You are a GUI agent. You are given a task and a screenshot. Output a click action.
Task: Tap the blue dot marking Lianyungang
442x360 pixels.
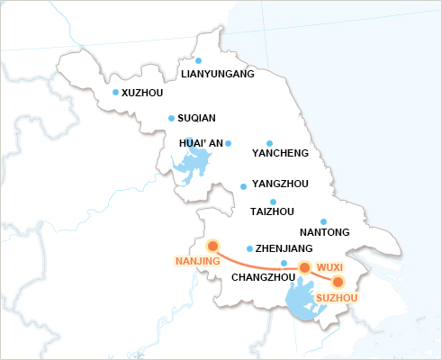tap(198, 60)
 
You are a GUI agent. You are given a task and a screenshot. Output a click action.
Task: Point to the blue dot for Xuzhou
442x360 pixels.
tap(115, 92)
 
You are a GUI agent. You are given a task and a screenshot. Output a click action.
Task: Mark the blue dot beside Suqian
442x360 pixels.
tap(171, 117)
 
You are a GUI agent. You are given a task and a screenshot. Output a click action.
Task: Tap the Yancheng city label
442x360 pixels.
tap(280, 153)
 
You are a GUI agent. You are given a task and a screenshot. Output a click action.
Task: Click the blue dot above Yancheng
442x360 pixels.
tap(269, 142)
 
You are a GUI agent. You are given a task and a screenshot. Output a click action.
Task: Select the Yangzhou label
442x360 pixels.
tap(281, 184)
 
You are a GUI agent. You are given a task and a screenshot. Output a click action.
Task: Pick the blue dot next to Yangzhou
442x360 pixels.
tap(243, 187)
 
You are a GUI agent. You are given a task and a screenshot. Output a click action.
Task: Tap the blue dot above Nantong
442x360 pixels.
tap(323, 221)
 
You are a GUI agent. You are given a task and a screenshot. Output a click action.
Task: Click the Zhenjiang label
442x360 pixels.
tap(284, 247)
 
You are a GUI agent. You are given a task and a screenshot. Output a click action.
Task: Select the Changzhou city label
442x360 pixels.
tap(264, 277)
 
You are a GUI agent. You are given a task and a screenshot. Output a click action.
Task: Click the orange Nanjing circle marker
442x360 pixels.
tap(213, 246)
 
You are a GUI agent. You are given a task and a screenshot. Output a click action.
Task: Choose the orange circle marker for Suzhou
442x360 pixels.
tap(338, 282)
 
